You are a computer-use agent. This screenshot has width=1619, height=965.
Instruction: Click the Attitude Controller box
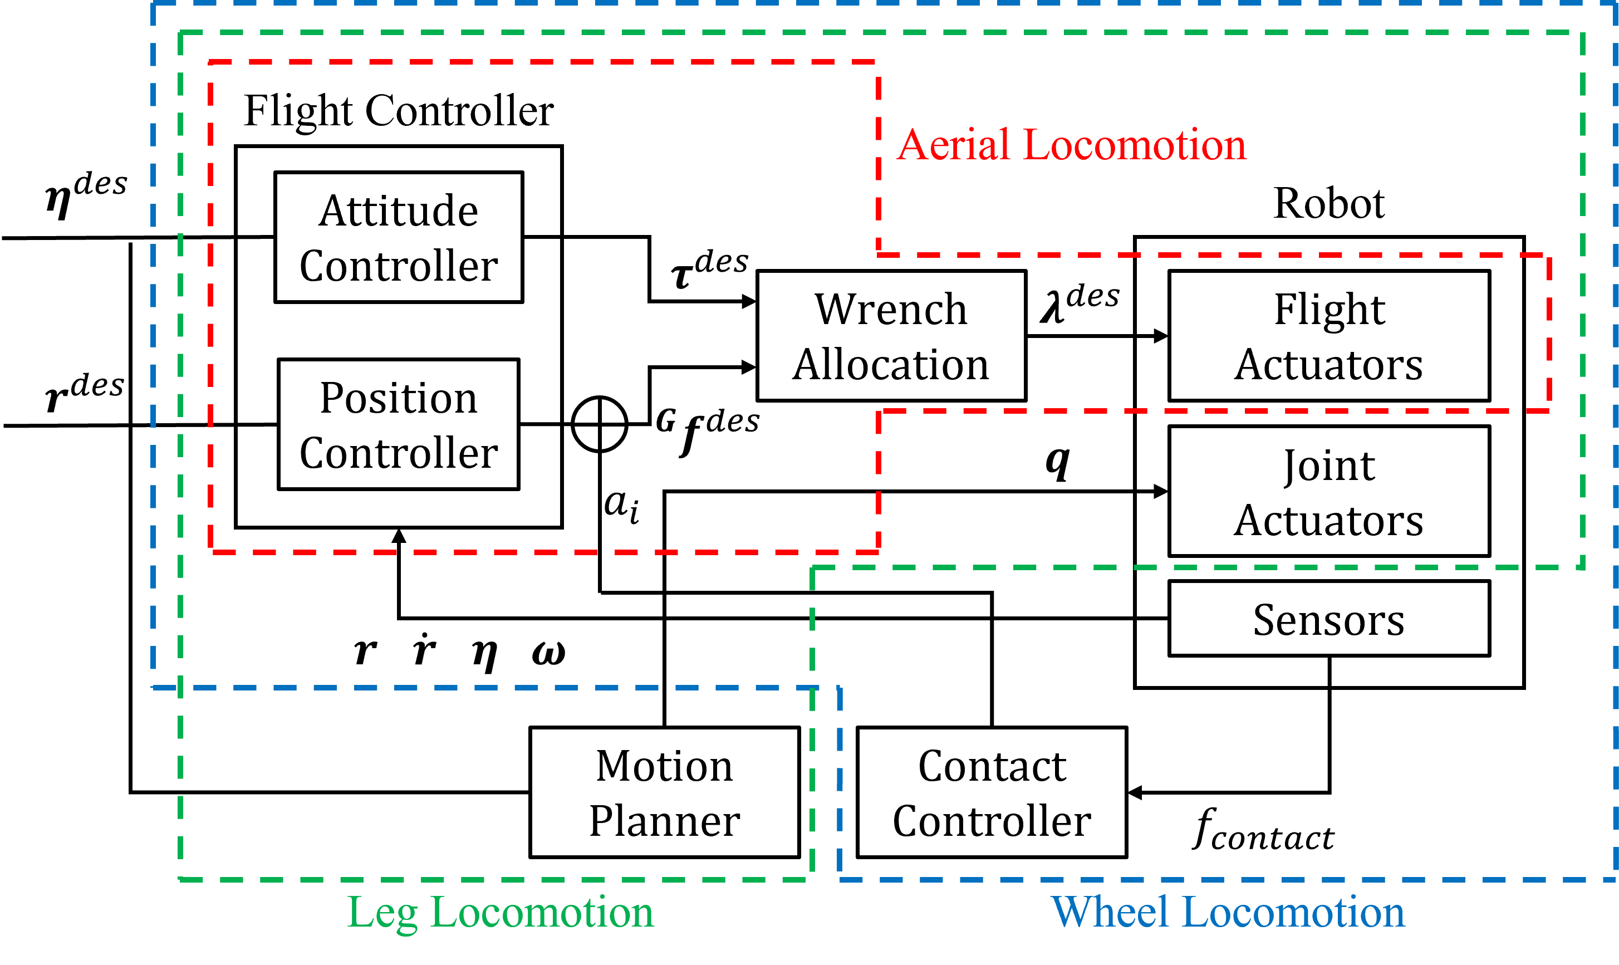[x=399, y=237]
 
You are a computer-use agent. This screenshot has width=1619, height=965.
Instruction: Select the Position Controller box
[x=399, y=424]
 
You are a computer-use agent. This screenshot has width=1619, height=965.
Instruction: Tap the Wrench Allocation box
[x=891, y=336]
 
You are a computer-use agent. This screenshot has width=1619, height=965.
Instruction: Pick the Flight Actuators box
[x=1329, y=336]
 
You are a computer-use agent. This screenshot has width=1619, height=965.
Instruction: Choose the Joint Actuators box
[x=1329, y=491]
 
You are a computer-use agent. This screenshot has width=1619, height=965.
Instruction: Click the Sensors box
[x=1329, y=619]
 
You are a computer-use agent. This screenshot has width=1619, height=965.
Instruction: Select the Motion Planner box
[x=664, y=792]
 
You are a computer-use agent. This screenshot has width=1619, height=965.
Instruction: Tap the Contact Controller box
[x=992, y=792]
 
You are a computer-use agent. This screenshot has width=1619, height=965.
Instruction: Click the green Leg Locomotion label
[x=501, y=912]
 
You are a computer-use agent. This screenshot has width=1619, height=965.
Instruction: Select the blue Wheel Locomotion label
[x=1228, y=912]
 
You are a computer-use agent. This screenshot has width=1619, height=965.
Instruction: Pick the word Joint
[x=1329, y=466]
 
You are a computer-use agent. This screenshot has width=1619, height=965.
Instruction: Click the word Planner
[x=664, y=821]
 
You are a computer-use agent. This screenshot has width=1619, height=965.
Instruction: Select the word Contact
[x=992, y=766]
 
